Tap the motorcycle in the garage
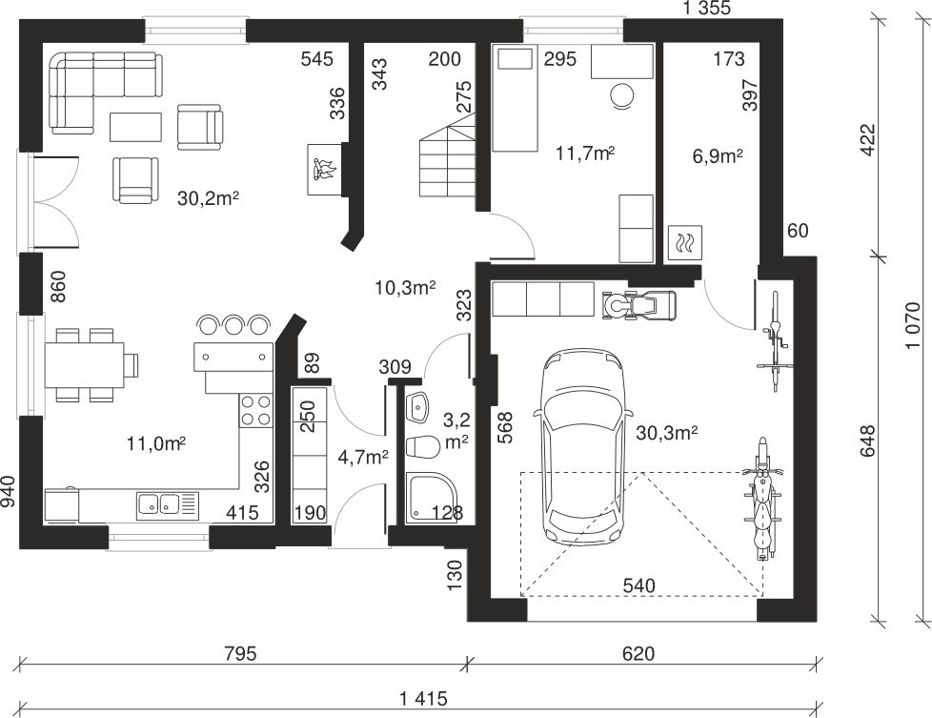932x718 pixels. click(x=761, y=499)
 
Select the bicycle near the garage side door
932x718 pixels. click(x=774, y=340)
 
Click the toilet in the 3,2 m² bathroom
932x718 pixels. click(x=421, y=447)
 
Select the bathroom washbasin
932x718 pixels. click(x=417, y=407)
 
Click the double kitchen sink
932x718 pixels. click(x=167, y=505)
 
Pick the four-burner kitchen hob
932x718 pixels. click(x=255, y=410)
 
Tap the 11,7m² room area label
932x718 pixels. click(x=585, y=154)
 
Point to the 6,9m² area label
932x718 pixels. click(x=718, y=156)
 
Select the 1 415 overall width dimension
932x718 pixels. click(x=423, y=698)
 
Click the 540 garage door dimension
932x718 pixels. click(x=639, y=586)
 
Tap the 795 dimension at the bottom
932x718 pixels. click(x=240, y=653)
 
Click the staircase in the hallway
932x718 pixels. click(x=447, y=155)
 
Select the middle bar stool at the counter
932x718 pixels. click(x=233, y=324)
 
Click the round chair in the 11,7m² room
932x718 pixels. click(x=623, y=95)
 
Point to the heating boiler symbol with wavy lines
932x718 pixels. click(x=685, y=243)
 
